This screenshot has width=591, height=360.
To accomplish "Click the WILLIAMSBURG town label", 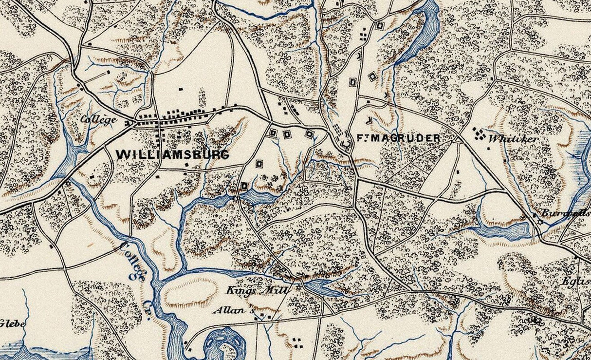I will tap(172, 154).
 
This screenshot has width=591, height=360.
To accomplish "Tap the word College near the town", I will tap(98, 119).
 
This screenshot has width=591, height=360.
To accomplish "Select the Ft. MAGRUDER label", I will tap(398, 138).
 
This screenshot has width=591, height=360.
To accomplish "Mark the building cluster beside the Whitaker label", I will tap(479, 133).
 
